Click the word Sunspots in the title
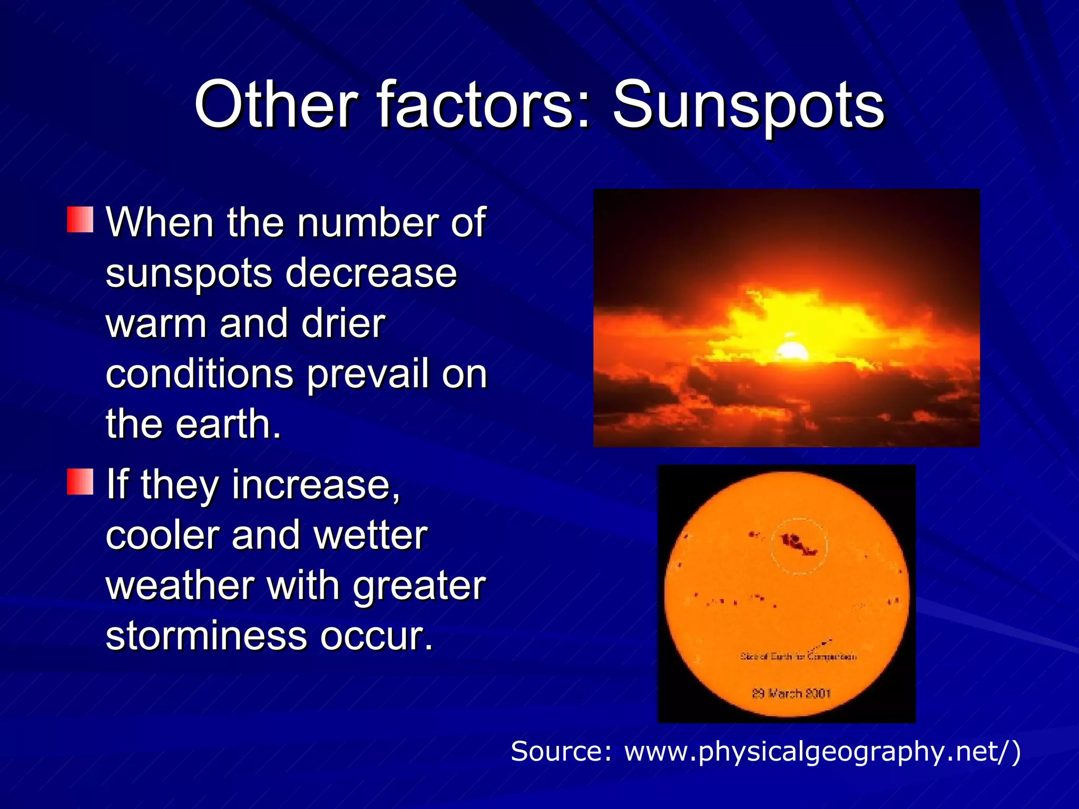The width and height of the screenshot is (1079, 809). click(x=748, y=105)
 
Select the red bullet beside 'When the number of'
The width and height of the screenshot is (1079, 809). click(x=80, y=220)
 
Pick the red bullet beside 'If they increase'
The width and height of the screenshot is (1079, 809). click(x=80, y=481)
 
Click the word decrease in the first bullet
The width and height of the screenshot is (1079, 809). click(x=371, y=273)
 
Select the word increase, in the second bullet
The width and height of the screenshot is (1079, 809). click(x=316, y=484)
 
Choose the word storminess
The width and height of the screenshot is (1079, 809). click(x=206, y=636)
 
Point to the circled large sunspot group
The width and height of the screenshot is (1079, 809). click(x=799, y=545)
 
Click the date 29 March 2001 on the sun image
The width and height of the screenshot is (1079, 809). click(x=791, y=693)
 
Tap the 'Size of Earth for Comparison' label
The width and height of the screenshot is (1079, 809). click(x=798, y=656)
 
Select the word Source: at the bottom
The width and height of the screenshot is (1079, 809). click(x=562, y=751)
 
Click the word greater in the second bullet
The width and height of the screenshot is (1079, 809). click(x=419, y=586)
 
